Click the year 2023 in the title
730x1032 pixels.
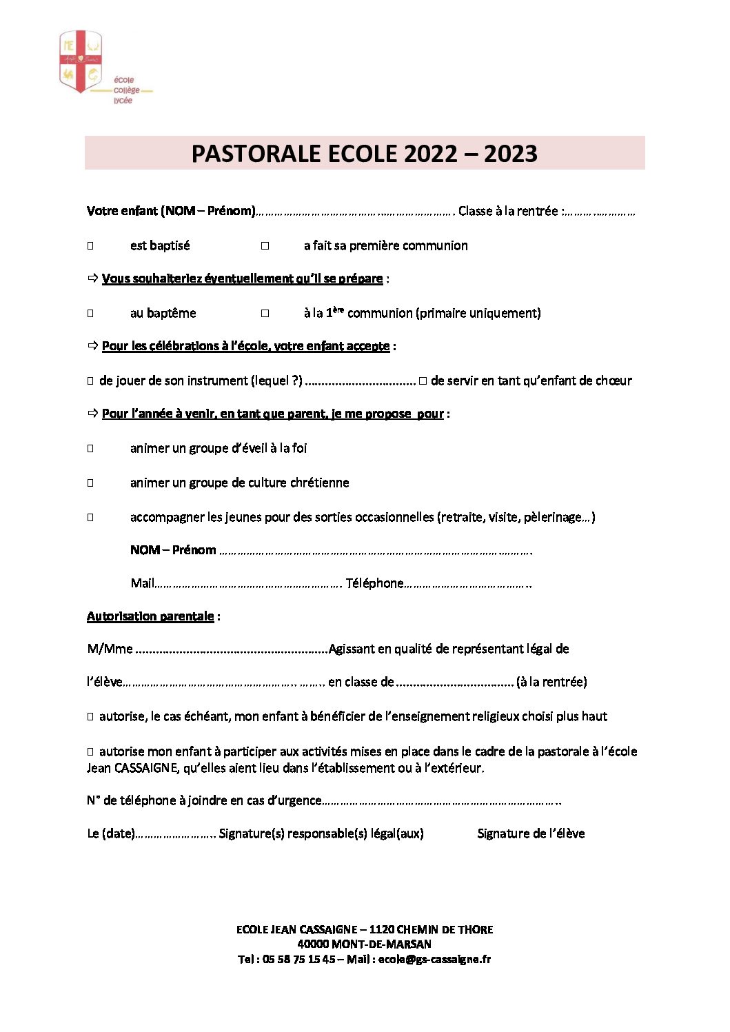510,154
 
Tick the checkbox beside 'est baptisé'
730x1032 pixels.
90,246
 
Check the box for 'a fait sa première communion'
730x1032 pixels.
265,246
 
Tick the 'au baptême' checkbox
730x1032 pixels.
90,314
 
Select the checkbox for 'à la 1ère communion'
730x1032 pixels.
265,314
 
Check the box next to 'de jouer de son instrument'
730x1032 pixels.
90,381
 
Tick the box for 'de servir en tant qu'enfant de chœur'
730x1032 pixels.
423,381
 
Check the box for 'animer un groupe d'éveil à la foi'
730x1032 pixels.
90,449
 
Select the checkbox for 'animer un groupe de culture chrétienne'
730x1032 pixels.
90,483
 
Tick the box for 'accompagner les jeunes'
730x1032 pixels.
90,518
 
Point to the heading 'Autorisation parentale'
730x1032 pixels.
150,616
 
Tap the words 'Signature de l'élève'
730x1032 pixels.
531,833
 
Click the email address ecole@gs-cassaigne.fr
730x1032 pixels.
434,959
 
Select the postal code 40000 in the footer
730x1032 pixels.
313,944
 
